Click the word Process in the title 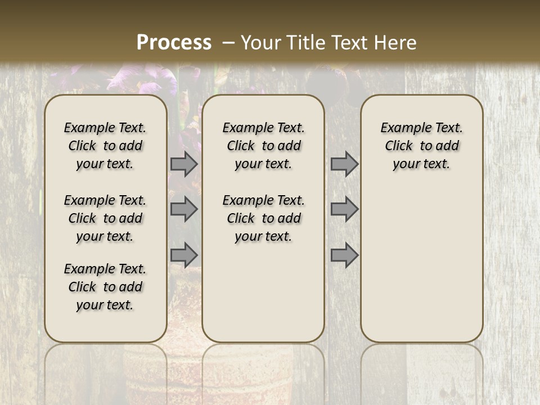click(174, 42)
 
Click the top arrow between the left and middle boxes click(184, 164)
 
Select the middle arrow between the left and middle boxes click(184, 209)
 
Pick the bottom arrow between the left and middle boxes click(184, 255)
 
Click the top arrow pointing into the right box click(344, 164)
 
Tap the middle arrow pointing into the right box click(344, 209)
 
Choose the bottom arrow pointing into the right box click(344, 255)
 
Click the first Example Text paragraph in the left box click(105, 146)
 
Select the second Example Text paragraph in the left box click(105, 218)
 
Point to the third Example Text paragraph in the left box click(105, 287)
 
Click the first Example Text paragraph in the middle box click(264, 146)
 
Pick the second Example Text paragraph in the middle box click(264, 218)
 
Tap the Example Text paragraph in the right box click(422, 146)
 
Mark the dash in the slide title click(228, 42)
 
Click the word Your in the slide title click(262, 42)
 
